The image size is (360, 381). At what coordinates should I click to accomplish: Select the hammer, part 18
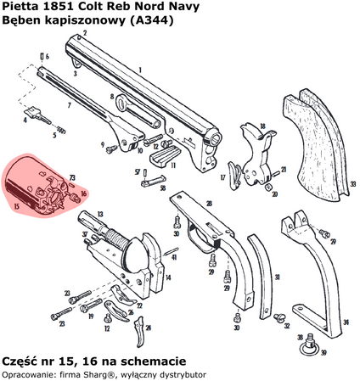(x=251, y=141)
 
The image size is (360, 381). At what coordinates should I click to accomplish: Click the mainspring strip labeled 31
(x=254, y=264)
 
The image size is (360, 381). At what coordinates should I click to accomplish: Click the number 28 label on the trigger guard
(x=208, y=205)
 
